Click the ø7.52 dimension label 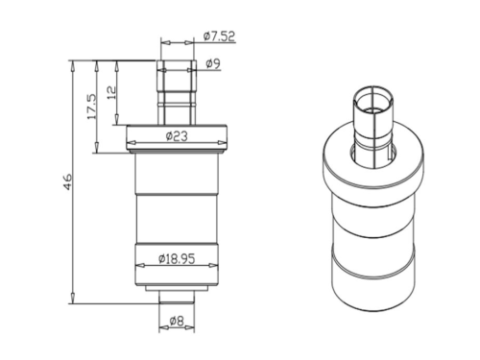[219, 36]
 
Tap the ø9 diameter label [213, 64]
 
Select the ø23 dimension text [177, 136]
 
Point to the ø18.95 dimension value [177, 258]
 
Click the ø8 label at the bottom [177, 321]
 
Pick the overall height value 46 [68, 182]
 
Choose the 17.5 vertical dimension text [92, 107]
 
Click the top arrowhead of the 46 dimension [73, 65]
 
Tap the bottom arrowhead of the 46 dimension [73, 298]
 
